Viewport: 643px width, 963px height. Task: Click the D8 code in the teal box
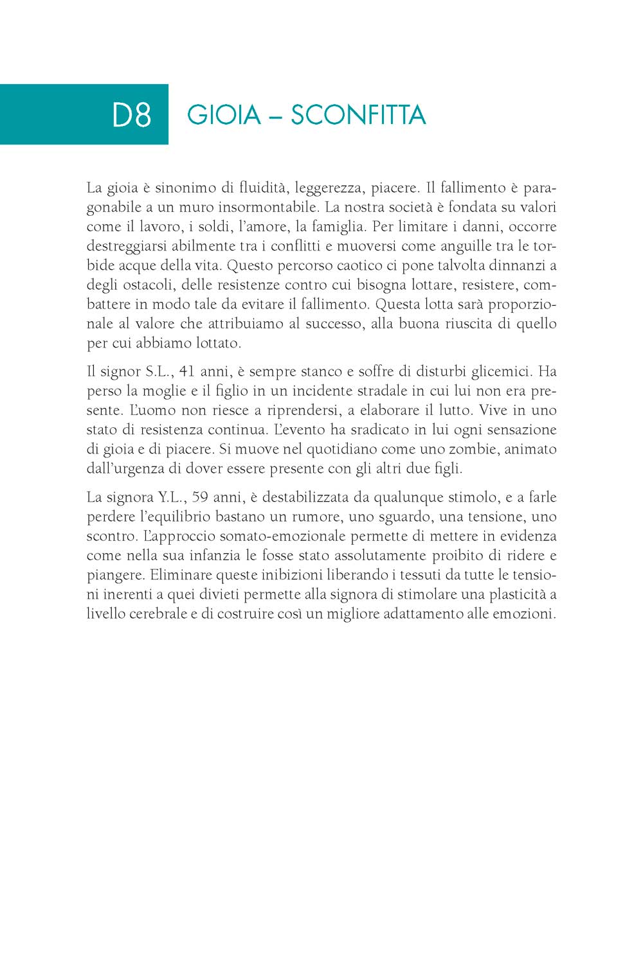tap(132, 115)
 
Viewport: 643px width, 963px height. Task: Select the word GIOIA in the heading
tap(224, 115)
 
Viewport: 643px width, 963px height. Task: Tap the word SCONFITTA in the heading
tap(358, 115)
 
